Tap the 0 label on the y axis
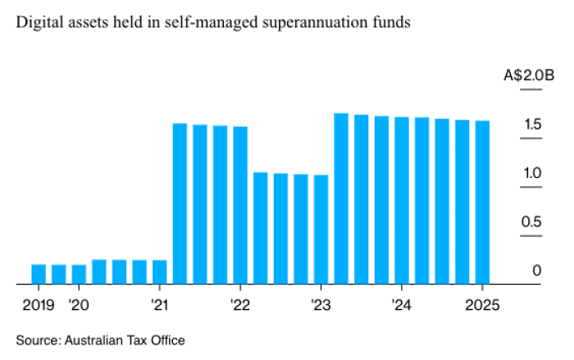[x=537, y=271]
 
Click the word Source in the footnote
[x=34, y=339]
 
